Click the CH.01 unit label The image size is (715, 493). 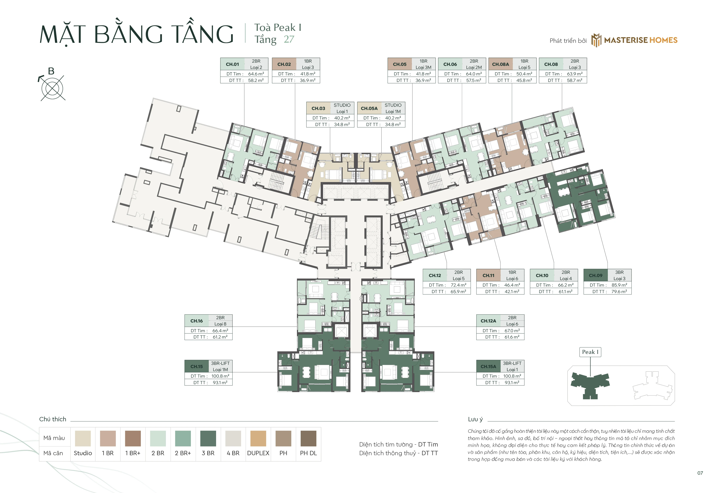click(232, 64)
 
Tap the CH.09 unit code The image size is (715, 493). click(595, 276)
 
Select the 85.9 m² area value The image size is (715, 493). click(619, 285)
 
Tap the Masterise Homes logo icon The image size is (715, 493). click(596, 40)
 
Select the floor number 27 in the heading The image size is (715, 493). click(289, 39)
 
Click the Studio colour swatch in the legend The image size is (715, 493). click(83, 438)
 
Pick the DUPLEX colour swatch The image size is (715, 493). click(258, 438)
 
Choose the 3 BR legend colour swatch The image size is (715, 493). click(208, 438)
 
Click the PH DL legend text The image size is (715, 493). click(308, 453)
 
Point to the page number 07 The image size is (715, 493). click(700, 473)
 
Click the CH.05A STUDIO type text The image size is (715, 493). click(393, 105)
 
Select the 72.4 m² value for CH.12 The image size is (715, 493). click(458, 285)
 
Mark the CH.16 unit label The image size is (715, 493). click(197, 321)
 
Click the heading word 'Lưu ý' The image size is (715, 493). click(475, 419)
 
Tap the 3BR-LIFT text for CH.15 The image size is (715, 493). click(220, 363)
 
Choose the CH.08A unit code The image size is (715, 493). click(500, 64)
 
